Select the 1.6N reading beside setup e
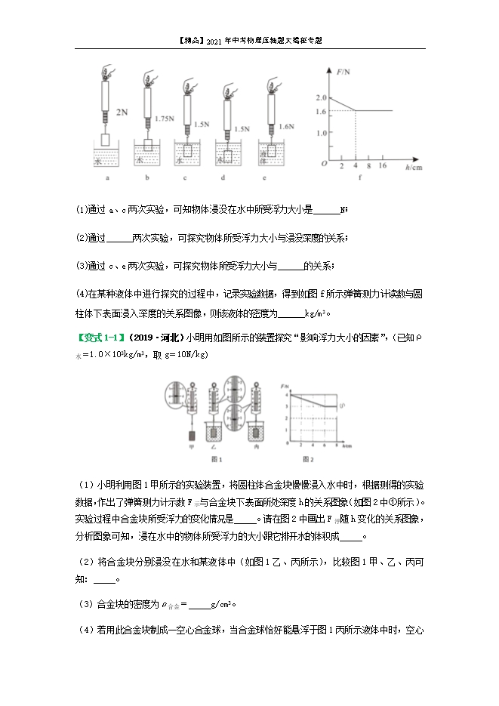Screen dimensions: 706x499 [x=285, y=127]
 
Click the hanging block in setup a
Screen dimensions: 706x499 [x=106, y=141]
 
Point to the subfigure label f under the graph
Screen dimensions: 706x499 [x=359, y=178]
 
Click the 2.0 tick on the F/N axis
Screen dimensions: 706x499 [x=321, y=98]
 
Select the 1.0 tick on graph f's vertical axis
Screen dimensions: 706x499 [x=321, y=133]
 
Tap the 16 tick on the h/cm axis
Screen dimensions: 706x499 [x=382, y=165]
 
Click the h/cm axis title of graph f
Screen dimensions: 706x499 [x=413, y=166]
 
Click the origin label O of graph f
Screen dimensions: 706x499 [x=322, y=164]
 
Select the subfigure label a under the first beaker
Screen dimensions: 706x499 [x=107, y=179]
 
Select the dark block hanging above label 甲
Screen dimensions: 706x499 [x=191, y=435]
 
